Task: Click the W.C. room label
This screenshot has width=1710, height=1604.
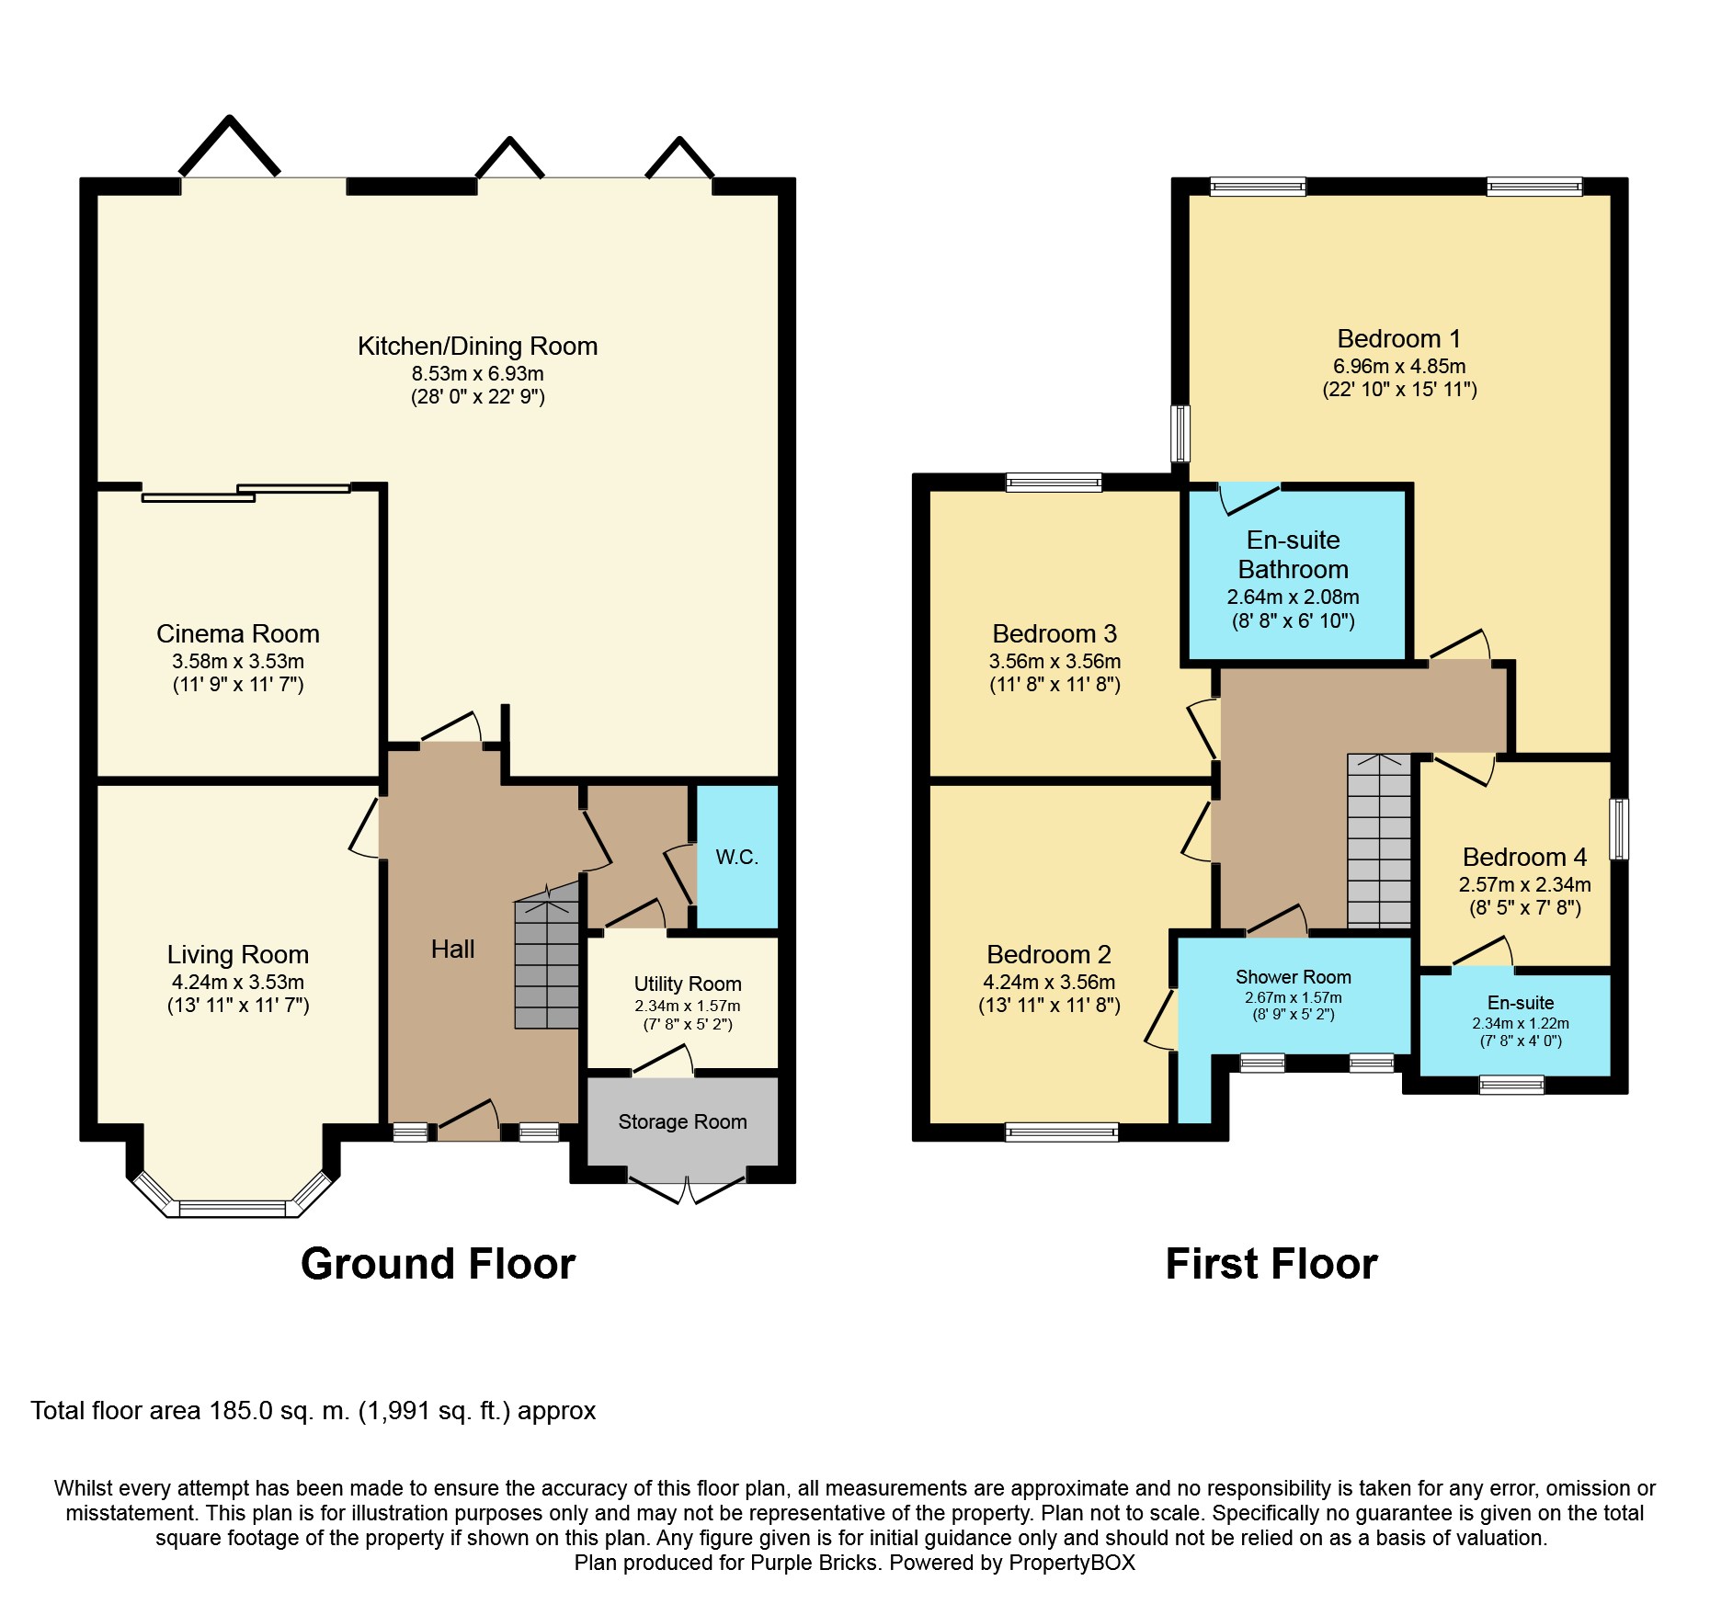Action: click(x=736, y=858)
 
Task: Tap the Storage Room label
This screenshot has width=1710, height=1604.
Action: click(x=682, y=1121)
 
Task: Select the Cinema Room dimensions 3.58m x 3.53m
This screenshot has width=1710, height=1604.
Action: click(x=237, y=661)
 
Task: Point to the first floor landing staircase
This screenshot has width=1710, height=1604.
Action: click(x=1378, y=841)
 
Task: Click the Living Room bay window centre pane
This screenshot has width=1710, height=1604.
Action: click(x=233, y=1208)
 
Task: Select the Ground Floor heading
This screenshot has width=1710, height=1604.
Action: click(x=438, y=1264)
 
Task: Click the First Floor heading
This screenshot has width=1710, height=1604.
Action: click(x=1271, y=1264)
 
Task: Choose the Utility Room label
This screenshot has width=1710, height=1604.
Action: click(x=687, y=984)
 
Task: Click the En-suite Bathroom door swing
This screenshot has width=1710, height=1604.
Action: click(x=1248, y=497)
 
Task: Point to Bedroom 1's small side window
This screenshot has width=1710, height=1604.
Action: click(x=1180, y=433)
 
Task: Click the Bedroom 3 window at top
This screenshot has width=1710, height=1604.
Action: click(x=1054, y=482)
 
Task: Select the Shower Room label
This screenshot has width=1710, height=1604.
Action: click(x=1293, y=977)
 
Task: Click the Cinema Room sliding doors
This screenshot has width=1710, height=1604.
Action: click(x=245, y=493)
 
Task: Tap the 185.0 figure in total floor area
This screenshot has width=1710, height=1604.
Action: click(x=241, y=1411)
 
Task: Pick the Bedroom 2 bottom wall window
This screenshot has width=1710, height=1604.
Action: click(x=1062, y=1132)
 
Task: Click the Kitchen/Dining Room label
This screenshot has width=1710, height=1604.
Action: click(x=477, y=346)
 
